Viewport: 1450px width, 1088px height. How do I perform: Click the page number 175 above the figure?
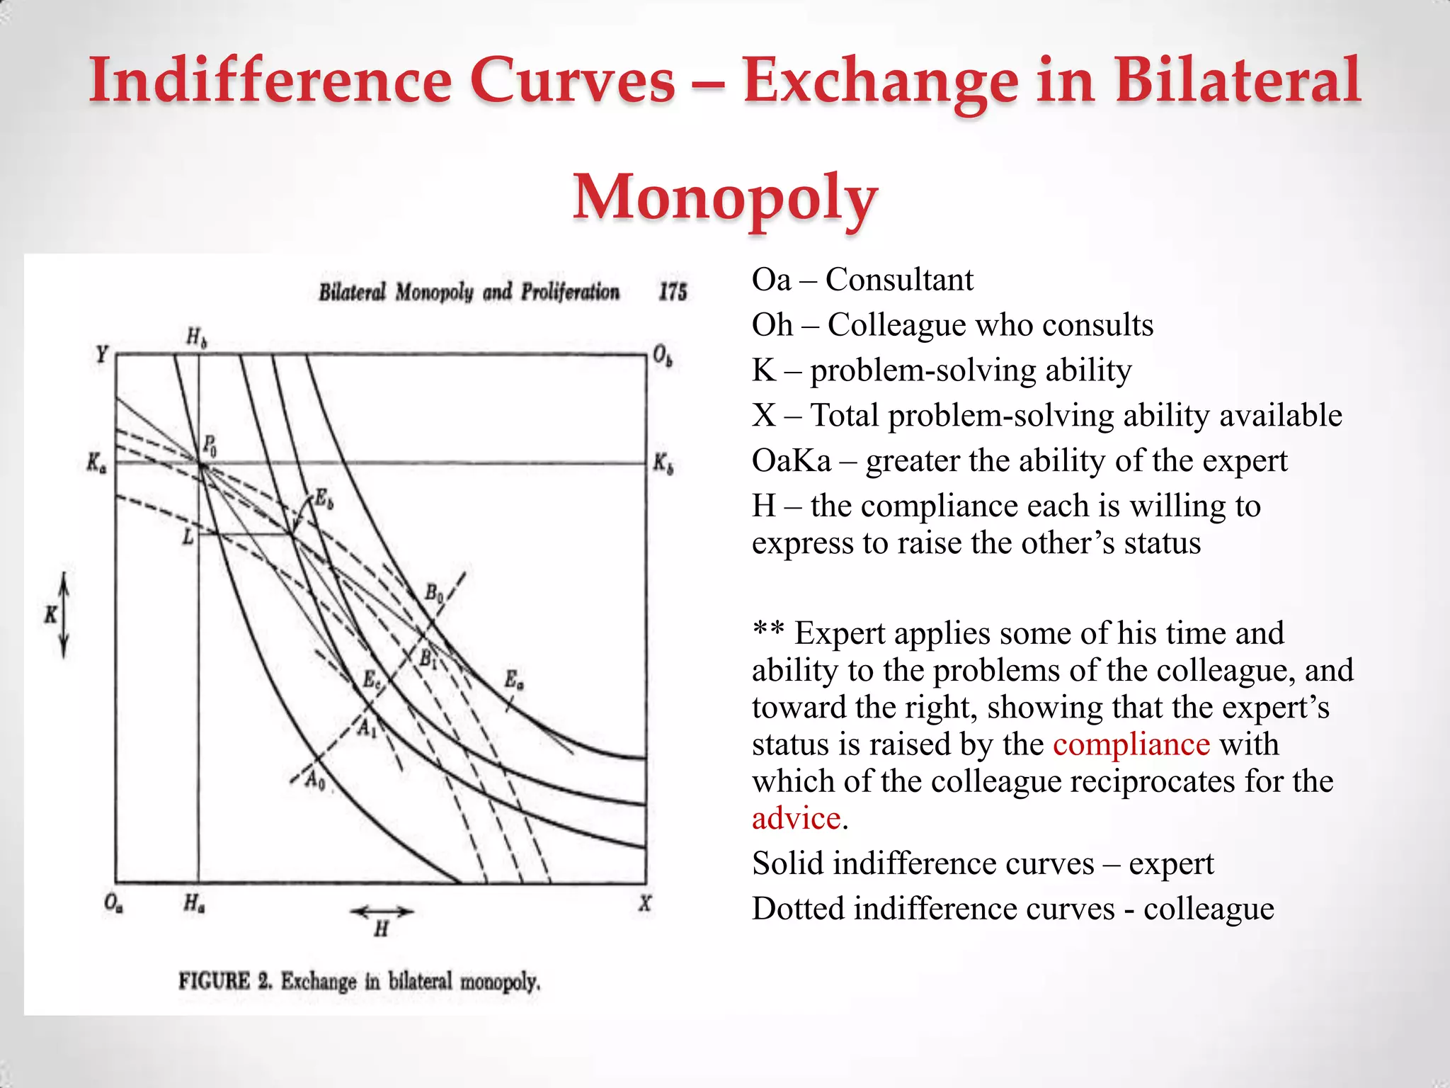(673, 292)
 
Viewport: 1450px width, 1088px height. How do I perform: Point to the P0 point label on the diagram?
(210, 446)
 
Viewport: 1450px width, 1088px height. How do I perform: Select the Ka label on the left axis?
(96, 464)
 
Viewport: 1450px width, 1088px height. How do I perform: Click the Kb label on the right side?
(663, 464)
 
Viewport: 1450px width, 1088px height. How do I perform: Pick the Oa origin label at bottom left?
(113, 904)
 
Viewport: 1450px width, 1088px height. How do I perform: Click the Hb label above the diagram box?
(196, 337)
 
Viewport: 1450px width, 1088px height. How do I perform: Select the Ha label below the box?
(194, 904)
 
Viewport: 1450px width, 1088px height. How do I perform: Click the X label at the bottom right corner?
(644, 904)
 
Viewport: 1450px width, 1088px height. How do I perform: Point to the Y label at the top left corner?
(103, 353)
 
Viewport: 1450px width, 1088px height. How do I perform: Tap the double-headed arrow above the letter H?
(382, 912)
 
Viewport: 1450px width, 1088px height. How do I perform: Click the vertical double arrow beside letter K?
(64, 615)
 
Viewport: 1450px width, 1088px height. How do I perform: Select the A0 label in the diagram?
(314, 781)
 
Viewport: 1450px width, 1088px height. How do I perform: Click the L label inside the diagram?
(188, 537)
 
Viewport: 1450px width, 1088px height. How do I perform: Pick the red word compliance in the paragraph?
(1131, 744)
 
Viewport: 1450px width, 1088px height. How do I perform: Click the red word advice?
(796, 819)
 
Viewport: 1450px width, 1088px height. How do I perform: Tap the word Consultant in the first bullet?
(899, 280)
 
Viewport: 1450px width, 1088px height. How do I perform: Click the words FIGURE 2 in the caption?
(225, 982)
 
